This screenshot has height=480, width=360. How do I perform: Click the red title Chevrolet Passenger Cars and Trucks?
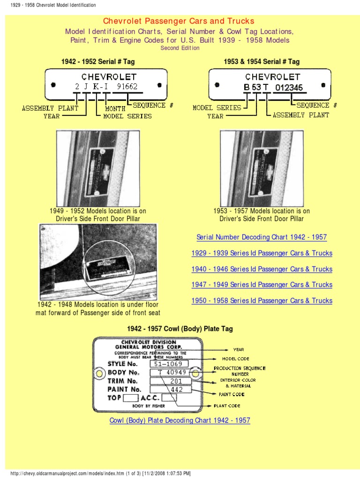pyautogui.click(x=179, y=21)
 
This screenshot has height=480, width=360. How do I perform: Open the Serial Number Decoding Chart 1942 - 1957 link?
pyautogui.click(x=262, y=237)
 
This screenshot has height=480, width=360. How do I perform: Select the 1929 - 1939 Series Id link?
pyautogui.click(x=262, y=253)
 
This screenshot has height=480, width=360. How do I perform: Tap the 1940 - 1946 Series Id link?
pyautogui.click(x=262, y=269)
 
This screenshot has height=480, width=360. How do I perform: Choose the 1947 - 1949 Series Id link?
pyautogui.click(x=262, y=285)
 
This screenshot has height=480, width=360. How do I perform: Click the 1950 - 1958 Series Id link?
pyautogui.click(x=262, y=300)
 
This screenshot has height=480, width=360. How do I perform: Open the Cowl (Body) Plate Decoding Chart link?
pyautogui.click(x=180, y=420)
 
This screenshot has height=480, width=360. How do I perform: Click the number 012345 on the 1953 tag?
pyautogui.click(x=289, y=87)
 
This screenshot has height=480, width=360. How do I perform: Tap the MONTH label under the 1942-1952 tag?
pyautogui.click(x=115, y=109)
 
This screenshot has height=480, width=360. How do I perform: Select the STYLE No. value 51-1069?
pyautogui.click(x=169, y=364)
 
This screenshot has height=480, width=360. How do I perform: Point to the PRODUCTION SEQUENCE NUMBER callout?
pyautogui.click(x=240, y=371)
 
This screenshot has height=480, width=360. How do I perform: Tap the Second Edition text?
pyautogui.click(x=180, y=48)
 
